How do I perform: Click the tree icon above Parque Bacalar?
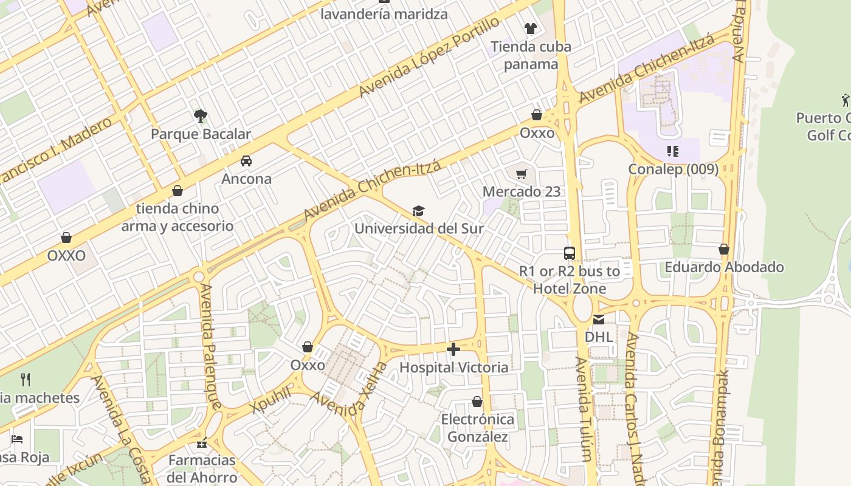click(x=200, y=115)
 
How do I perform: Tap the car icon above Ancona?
click(x=246, y=161)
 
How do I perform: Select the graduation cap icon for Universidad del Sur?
click(x=418, y=211)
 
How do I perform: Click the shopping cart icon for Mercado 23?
click(x=521, y=174)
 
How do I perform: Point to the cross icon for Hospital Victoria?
click(x=453, y=349)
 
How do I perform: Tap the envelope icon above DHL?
click(x=599, y=319)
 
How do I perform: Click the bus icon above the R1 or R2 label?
click(x=570, y=253)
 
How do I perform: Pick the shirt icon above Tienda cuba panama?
click(x=531, y=29)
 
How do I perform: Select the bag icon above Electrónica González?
click(x=477, y=402)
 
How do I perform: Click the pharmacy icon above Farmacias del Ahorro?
click(x=202, y=443)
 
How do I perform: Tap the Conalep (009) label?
click(x=673, y=169)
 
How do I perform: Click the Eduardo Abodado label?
click(x=724, y=267)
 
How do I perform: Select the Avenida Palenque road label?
click(x=210, y=346)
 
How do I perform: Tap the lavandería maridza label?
click(x=384, y=14)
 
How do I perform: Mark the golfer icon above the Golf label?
click(x=845, y=100)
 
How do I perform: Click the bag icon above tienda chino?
click(x=177, y=191)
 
